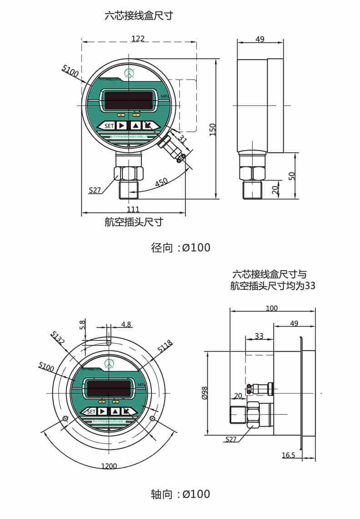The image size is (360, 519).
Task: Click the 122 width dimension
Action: pos(138,39)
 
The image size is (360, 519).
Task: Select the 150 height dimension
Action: pos(212,129)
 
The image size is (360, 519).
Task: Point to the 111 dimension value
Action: pos(133,209)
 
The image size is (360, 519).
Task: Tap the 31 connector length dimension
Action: pos(183,138)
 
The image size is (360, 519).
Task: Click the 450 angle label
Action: pos(161,182)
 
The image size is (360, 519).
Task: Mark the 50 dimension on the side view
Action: pos(292,176)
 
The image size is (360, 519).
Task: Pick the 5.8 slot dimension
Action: pos(82,325)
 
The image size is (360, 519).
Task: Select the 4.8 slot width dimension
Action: pos(126,325)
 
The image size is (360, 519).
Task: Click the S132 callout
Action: pos(58,338)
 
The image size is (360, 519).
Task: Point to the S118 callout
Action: pos(165,348)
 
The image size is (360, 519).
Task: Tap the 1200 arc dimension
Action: pos(109,466)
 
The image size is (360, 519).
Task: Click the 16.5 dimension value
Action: pos(289,455)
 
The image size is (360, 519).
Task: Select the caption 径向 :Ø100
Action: pos(180,248)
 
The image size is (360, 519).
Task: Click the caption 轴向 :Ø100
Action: pos(180,494)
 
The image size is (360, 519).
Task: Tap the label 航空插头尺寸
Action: pos(134,222)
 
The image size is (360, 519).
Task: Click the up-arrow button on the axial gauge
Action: pos(115,411)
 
